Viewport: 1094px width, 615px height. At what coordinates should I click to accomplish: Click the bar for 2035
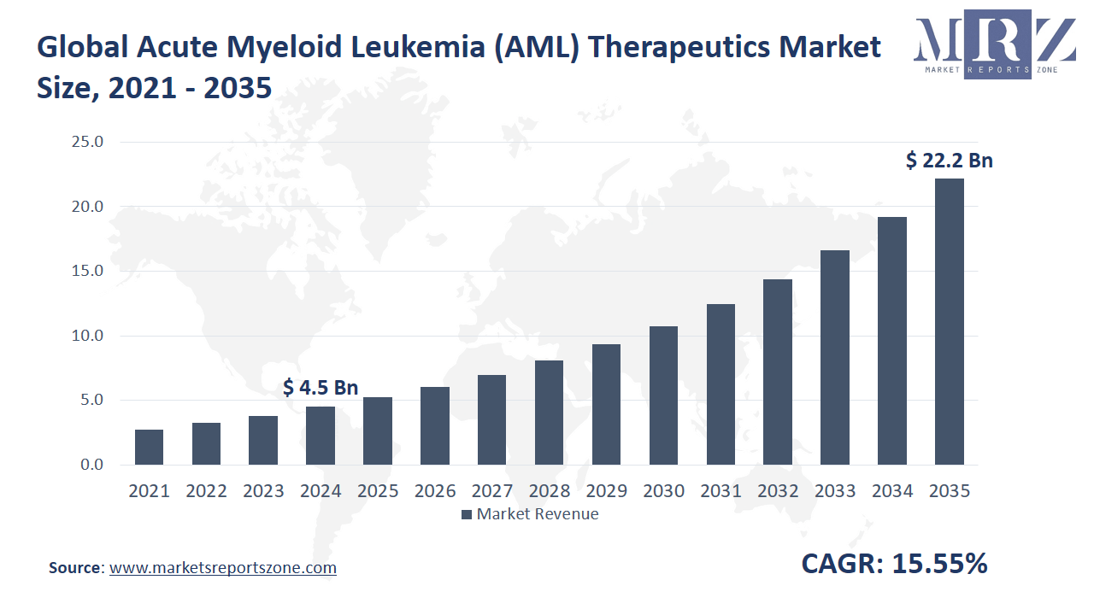coord(950,322)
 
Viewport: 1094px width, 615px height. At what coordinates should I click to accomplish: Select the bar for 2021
coord(149,447)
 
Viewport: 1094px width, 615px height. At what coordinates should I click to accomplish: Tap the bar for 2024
coord(321,436)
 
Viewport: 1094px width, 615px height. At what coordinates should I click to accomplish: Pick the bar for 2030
coord(663,395)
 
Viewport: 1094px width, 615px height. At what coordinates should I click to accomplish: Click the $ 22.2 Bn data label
coord(950,161)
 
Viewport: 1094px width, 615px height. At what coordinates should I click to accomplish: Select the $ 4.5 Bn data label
coord(321,388)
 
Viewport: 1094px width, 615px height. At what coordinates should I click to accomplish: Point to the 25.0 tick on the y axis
coord(86,142)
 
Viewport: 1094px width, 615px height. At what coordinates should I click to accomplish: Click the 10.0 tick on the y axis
coord(86,336)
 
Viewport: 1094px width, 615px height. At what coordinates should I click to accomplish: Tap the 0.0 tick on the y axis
coord(91,465)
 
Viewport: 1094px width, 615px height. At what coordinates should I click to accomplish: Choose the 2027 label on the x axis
coord(491,491)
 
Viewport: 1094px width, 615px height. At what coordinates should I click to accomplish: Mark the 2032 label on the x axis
coord(778,491)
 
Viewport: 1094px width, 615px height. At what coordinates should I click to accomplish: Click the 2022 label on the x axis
coord(206,491)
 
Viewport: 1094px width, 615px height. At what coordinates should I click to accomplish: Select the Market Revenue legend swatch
coord(467,514)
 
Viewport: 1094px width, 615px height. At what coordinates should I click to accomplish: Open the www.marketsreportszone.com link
coord(223,567)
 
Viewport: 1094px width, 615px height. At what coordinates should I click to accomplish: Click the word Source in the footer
coord(75,567)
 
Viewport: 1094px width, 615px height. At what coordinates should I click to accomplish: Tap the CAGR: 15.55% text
coord(894,564)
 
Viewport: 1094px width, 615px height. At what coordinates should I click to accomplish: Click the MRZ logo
coord(994,47)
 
